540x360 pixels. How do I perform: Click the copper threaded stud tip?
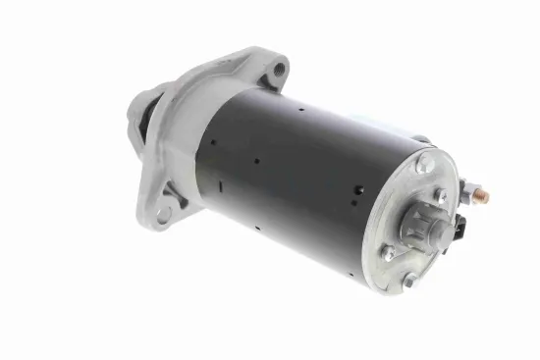point(484,194)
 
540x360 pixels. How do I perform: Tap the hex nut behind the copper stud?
point(471,193)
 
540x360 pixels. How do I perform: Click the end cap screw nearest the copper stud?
point(439,196)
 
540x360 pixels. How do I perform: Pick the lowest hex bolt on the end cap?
point(408,282)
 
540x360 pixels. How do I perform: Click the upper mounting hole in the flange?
point(281,69)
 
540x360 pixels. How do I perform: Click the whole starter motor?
point(304,172)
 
